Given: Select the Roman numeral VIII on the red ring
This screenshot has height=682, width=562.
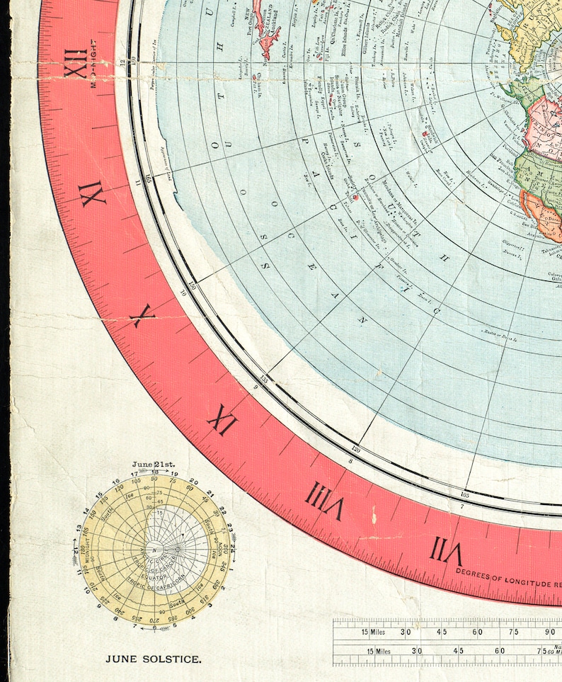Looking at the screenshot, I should click(x=324, y=499).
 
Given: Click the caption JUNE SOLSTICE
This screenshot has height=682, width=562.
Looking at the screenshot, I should click(x=154, y=659).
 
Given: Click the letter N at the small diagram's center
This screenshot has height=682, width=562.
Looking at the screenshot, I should click(x=154, y=550).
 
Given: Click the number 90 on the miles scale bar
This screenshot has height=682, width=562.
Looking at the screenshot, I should click(x=551, y=632).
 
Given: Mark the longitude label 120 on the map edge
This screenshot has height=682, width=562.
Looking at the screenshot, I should click(x=356, y=449).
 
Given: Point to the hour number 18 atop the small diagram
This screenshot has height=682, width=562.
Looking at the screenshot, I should click(x=154, y=472).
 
